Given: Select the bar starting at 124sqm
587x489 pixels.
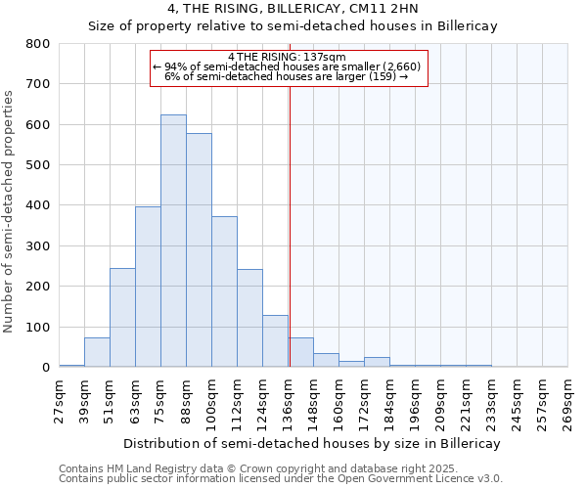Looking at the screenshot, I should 275,341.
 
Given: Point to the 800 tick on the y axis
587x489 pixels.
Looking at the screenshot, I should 38,44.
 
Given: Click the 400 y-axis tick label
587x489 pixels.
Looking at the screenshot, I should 38,205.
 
